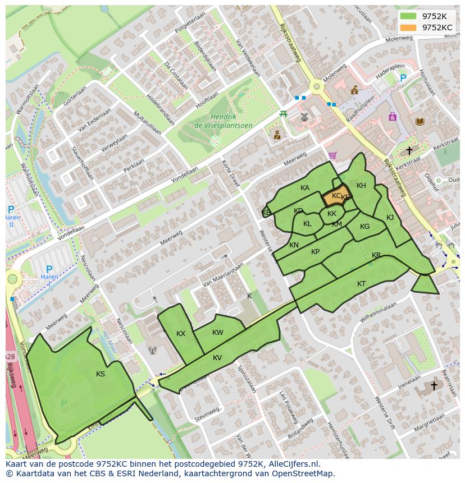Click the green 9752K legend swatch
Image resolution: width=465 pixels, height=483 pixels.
[408, 16]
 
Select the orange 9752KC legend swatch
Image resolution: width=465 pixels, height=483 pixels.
[408, 27]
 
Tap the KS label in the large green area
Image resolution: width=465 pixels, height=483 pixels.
[101, 374]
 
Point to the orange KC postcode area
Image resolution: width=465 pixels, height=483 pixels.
[334, 198]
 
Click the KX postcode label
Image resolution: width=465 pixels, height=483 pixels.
[181, 334]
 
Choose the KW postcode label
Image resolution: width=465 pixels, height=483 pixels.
[218, 333]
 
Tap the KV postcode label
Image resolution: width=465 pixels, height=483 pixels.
[217, 358]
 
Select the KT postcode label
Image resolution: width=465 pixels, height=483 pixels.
[361, 284]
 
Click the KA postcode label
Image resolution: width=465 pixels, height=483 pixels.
[305, 188]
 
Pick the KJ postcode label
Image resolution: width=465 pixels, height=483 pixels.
[390, 218]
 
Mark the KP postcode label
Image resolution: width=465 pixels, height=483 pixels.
[316, 252]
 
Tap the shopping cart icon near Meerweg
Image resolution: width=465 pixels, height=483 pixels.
[332, 155]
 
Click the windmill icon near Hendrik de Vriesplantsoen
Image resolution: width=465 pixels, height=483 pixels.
[304, 117]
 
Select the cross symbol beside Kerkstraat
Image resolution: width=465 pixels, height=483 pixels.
[409, 150]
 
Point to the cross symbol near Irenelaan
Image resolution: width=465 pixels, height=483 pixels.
[434, 386]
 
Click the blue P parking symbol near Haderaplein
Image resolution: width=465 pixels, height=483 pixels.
[403, 79]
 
